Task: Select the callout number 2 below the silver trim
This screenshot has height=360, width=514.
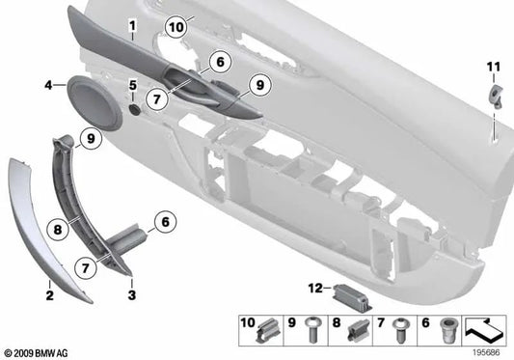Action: [48, 287]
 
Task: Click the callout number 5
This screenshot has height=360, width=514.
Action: [132, 87]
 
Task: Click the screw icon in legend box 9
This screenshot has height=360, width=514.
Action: [311, 328]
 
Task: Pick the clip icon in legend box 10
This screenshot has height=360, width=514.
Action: [266, 329]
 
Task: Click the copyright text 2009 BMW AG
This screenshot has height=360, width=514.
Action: [40, 352]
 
